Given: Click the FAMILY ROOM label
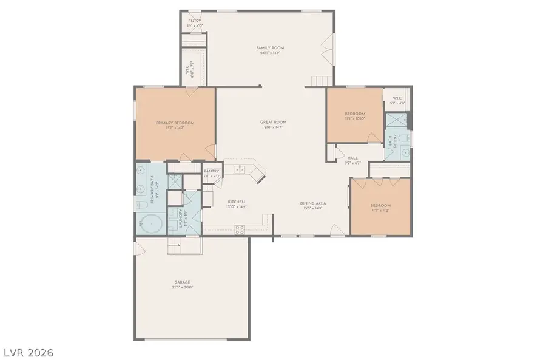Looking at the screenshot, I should coord(270,48).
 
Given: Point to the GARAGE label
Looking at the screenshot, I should coord(182,282).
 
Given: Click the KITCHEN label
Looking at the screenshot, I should coord(236,202).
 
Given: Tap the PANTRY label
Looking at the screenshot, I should coord(211,171).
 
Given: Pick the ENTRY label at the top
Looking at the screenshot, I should coord(194,22).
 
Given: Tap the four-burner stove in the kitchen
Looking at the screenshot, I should coord(239,229).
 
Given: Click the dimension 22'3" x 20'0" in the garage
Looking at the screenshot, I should coord(182,288).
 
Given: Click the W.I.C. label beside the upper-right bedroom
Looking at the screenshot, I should coord(397,98).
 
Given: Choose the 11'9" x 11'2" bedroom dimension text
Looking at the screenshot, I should coord(380,210).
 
